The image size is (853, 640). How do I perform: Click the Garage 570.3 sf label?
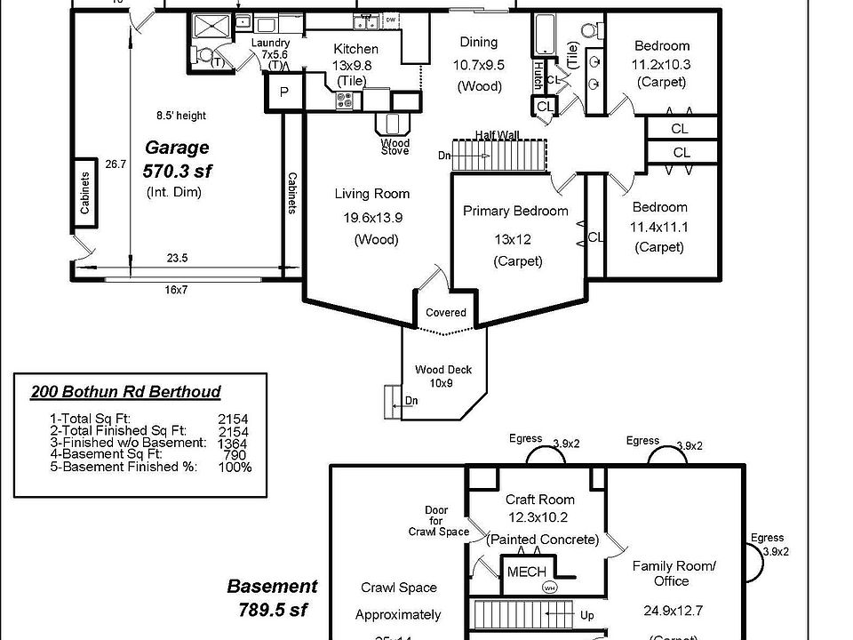[x=178, y=158]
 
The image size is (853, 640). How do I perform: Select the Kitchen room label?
[x=355, y=49]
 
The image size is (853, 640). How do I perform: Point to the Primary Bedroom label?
[x=515, y=212]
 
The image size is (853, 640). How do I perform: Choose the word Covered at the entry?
[x=446, y=313]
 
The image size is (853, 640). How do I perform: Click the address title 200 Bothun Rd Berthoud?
[x=126, y=392]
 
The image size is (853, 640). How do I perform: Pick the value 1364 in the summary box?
[x=233, y=443]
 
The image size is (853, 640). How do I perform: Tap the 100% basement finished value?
[x=235, y=467]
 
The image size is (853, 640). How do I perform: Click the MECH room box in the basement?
[x=527, y=572]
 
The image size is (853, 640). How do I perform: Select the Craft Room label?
[x=540, y=500]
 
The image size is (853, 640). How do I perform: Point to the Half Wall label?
[x=497, y=135]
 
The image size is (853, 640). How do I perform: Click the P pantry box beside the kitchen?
[x=284, y=92]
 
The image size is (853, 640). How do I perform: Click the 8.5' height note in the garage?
[x=180, y=116]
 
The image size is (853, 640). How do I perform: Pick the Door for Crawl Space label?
[x=438, y=521]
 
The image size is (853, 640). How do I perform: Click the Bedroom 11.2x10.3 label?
[x=661, y=64]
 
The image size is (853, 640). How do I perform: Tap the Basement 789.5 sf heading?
[x=272, y=597]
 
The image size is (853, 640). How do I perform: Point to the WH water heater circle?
[x=549, y=588]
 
